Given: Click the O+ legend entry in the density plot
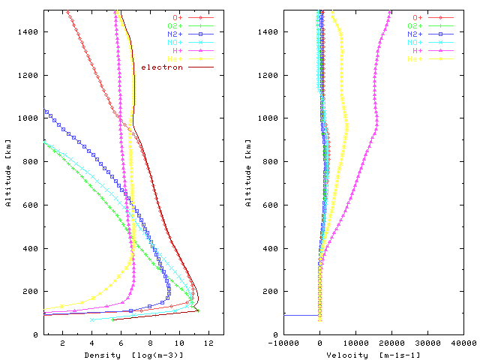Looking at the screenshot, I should [x=177, y=16].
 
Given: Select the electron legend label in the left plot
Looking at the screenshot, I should [x=163, y=67].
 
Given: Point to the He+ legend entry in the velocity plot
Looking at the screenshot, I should [x=416, y=58].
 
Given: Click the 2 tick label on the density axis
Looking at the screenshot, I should [x=62, y=343].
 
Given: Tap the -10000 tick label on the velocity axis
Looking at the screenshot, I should [x=283, y=343].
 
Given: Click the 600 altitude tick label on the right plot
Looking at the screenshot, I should [x=272, y=205].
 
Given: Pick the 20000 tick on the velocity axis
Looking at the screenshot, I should [x=391, y=343].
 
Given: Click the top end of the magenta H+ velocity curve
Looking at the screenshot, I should [x=390, y=11].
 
